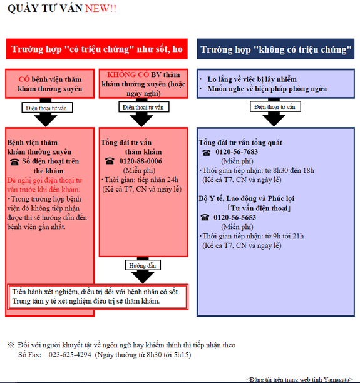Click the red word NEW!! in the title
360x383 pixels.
[100, 9]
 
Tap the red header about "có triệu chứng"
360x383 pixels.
[97, 49]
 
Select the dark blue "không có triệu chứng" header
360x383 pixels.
[275, 49]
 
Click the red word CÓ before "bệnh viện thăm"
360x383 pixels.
[24, 79]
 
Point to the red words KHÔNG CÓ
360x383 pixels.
[128, 74]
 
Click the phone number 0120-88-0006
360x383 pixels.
[140, 161]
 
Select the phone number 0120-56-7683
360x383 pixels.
[237, 152]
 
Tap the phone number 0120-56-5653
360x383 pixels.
[235, 217]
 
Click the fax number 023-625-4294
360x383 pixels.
[69, 355]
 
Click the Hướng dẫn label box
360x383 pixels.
[143, 265]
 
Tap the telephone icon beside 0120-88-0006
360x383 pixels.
[110, 161]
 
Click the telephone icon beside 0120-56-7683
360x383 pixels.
[206, 153]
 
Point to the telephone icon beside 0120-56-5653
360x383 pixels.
[205, 217]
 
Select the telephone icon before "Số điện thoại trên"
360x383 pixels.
[14, 162]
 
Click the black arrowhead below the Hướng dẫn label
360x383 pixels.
[143, 277]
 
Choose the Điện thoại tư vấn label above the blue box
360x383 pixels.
[275, 107]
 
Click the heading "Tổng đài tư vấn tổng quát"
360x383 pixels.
[240, 143]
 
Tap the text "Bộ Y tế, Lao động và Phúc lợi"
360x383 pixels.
[246, 198]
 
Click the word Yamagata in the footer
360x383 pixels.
[337, 380]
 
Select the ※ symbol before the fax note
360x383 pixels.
[11, 345]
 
